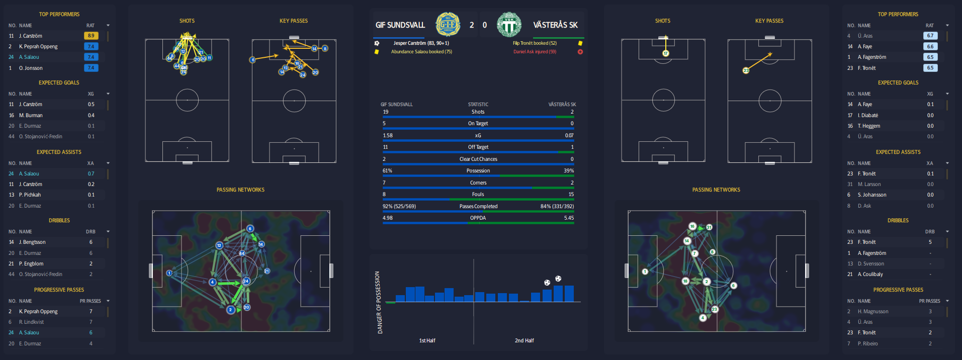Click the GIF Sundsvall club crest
[x=447, y=24]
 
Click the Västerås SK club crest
[x=509, y=24]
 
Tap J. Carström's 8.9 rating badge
[x=91, y=36]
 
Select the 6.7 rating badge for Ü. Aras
[x=930, y=36]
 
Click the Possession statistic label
[x=478, y=171]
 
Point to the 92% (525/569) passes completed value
[x=399, y=207]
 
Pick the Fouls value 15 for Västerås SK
[x=571, y=195]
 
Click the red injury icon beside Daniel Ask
[x=580, y=52]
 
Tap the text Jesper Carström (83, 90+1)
[x=421, y=43]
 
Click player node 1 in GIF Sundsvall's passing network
[x=169, y=273]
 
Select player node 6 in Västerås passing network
[x=734, y=286]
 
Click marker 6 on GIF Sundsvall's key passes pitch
[x=253, y=60]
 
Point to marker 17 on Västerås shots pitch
[x=666, y=53]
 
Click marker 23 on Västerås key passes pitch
[x=746, y=70]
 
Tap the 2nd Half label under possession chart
[x=524, y=341]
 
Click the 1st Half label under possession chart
[x=427, y=341]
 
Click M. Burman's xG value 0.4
[x=91, y=116]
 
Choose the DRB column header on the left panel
[x=91, y=232]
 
